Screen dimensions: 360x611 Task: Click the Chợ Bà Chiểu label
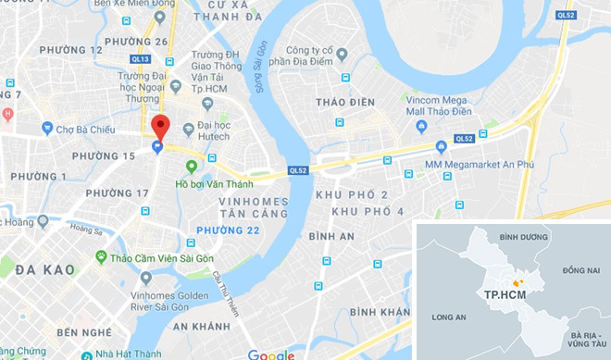(x=83, y=129)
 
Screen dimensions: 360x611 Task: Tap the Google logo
(x=270, y=354)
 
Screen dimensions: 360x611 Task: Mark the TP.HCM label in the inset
(x=501, y=293)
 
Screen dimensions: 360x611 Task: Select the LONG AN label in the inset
(x=448, y=317)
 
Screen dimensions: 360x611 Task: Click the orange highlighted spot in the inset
(x=517, y=281)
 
